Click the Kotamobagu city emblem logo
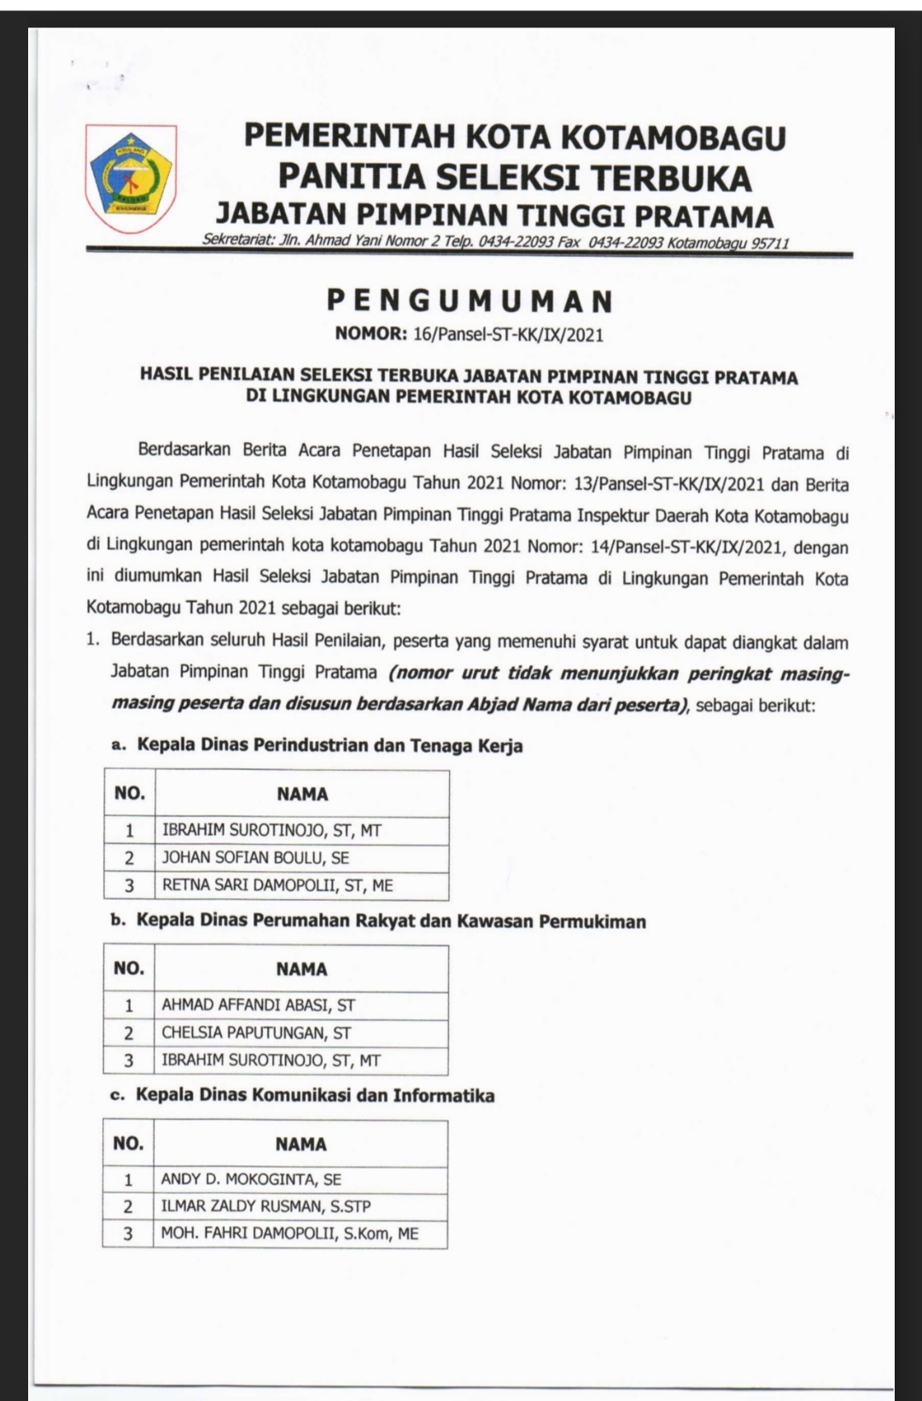131,178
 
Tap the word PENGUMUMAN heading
470,301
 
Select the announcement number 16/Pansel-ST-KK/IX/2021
508,335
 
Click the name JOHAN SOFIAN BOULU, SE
255,858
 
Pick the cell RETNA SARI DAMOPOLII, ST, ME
277,885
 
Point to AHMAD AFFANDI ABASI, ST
258,1005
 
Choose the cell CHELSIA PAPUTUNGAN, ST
256,1033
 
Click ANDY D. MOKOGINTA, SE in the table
251,1179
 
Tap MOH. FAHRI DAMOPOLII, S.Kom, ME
289,1234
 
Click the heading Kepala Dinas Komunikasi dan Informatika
315,1095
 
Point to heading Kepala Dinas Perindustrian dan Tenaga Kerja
330,745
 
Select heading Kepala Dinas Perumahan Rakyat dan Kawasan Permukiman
391,921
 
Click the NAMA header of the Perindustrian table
302,794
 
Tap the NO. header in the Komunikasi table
128,1143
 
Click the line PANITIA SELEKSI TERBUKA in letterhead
515,178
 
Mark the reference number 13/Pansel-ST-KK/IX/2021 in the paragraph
669,485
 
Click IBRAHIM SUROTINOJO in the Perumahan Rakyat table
271,1060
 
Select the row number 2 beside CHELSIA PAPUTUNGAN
129,1033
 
